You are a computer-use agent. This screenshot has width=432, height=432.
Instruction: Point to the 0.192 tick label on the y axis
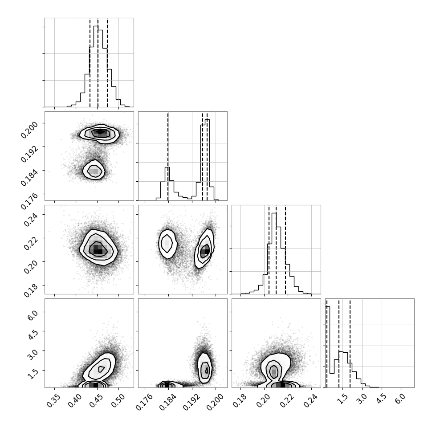[29, 154]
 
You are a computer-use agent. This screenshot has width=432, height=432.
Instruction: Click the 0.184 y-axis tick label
[29, 178]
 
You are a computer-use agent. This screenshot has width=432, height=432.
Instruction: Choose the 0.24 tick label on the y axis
[30, 219]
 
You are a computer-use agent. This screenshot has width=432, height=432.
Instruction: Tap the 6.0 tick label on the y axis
[32, 316]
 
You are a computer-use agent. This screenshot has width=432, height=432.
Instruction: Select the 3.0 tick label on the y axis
[32, 355]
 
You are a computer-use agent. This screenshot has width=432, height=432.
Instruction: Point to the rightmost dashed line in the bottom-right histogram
[350, 343]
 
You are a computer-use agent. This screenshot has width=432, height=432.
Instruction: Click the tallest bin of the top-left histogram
[96, 66]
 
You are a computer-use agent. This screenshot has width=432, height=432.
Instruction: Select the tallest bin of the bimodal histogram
[208, 160]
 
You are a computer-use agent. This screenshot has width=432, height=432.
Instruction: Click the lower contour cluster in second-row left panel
[94, 170]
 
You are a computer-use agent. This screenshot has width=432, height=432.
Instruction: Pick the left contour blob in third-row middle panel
[167, 244]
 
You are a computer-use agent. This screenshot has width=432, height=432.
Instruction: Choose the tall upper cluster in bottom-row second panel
[205, 368]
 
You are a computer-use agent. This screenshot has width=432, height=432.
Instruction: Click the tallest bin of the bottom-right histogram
[328, 347]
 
